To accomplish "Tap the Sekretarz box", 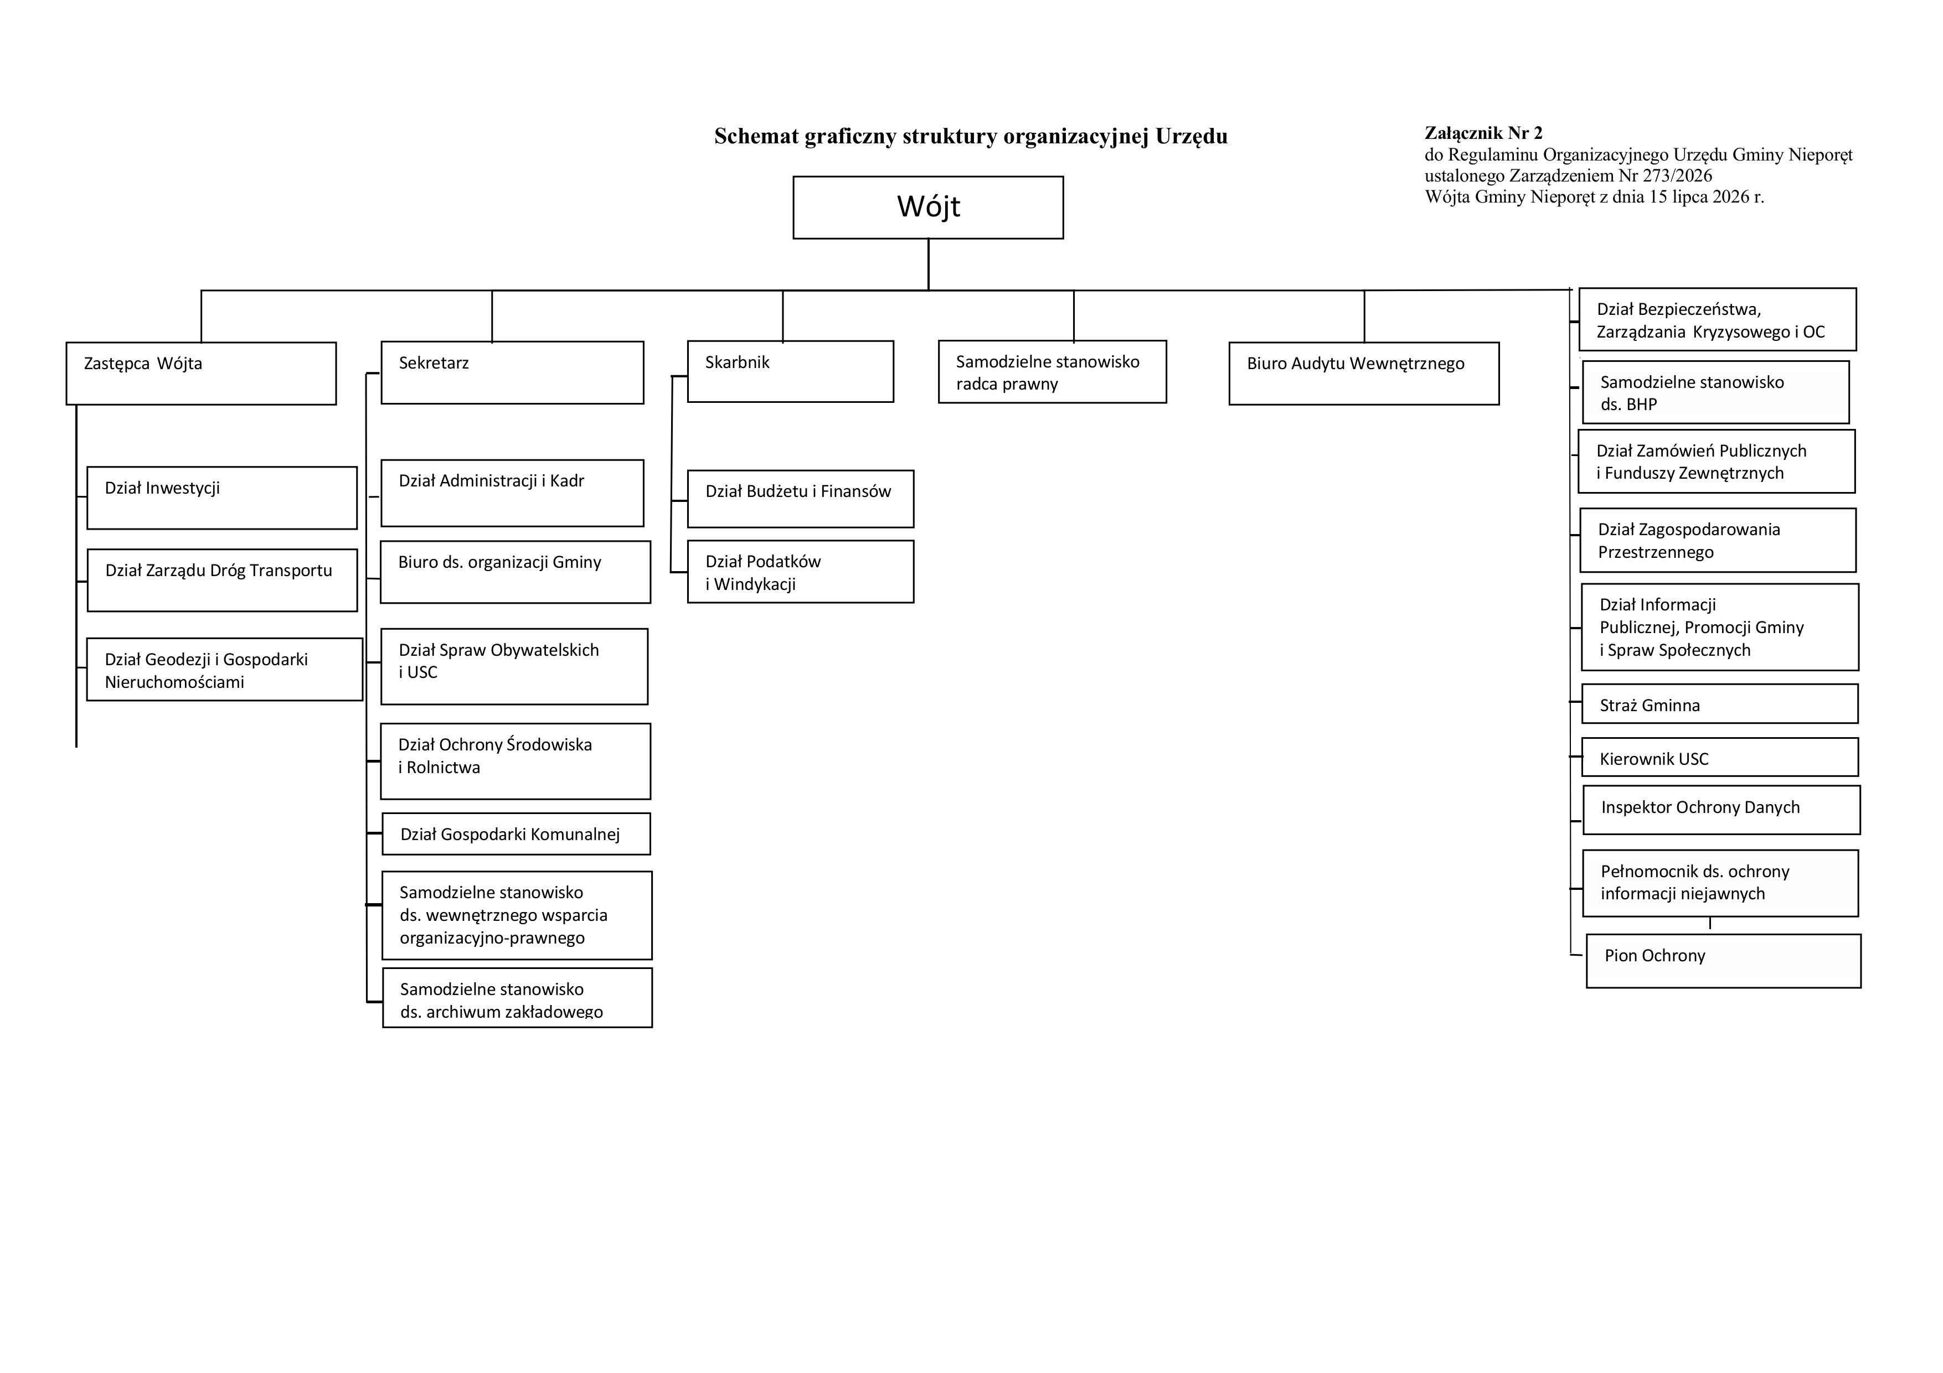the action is pyautogui.click(x=512, y=372).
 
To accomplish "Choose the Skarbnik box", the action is pyautogui.click(x=790, y=371).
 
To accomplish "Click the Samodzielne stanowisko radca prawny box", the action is pyautogui.click(x=1052, y=371).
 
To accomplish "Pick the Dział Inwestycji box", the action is pyautogui.click(x=221, y=498).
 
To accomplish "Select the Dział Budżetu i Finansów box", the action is pyautogui.click(x=801, y=498).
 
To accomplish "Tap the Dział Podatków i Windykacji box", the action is pyautogui.click(x=801, y=571).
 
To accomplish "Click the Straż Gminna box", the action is pyautogui.click(x=1720, y=704).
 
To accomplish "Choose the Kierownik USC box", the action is pyautogui.click(x=1720, y=757).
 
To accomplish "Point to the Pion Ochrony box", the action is pyautogui.click(x=1723, y=960).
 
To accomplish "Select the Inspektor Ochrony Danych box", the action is pyautogui.click(x=1722, y=810).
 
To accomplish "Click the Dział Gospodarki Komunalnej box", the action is pyautogui.click(x=516, y=833).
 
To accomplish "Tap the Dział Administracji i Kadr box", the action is pyautogui.click(x=512, y=493).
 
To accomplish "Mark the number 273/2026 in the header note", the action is pyautogui.click(x=1677, y=176).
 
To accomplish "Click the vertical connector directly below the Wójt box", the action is pyautogui.click(x=929, y=265).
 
